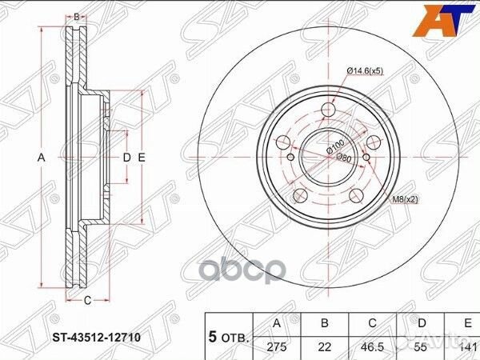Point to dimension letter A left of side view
coord(42,158)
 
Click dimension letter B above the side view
coord(77,16)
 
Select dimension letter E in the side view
coord(141,158)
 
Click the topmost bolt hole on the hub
coord(330,111)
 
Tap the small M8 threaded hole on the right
coord(367,157)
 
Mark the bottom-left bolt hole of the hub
coord(300,195)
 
